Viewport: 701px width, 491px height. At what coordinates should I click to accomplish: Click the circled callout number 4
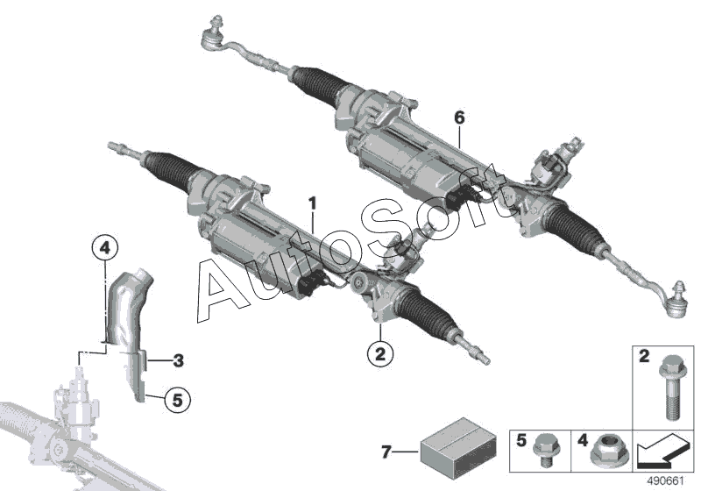[x=103, y=249]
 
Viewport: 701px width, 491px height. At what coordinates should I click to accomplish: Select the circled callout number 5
[x=176, y=400]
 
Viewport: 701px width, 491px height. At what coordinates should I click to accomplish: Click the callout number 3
[x=177, y=359]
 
